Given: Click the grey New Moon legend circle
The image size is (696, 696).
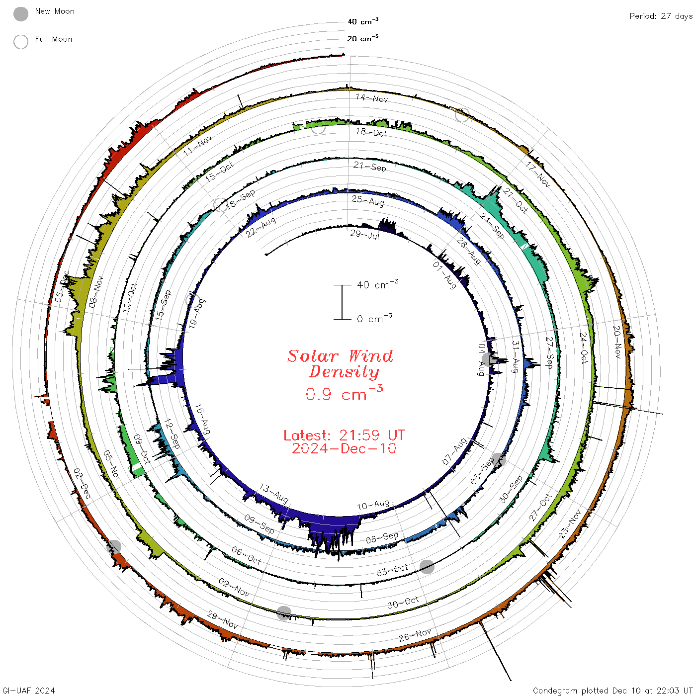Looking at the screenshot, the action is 20,14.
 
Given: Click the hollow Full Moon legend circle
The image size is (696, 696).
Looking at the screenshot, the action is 20,42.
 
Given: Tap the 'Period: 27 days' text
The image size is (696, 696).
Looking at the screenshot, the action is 661,16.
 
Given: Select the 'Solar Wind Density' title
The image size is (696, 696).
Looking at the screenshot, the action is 340,364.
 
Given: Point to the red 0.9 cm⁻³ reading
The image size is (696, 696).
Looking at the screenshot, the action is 344,393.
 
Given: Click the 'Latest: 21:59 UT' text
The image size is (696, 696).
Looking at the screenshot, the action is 344,435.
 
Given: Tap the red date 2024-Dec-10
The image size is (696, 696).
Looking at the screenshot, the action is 344,448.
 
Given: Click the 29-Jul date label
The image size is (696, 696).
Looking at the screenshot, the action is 365,235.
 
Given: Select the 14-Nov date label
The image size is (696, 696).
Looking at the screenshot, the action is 372,98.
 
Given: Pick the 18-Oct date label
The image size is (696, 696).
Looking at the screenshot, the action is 371,133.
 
